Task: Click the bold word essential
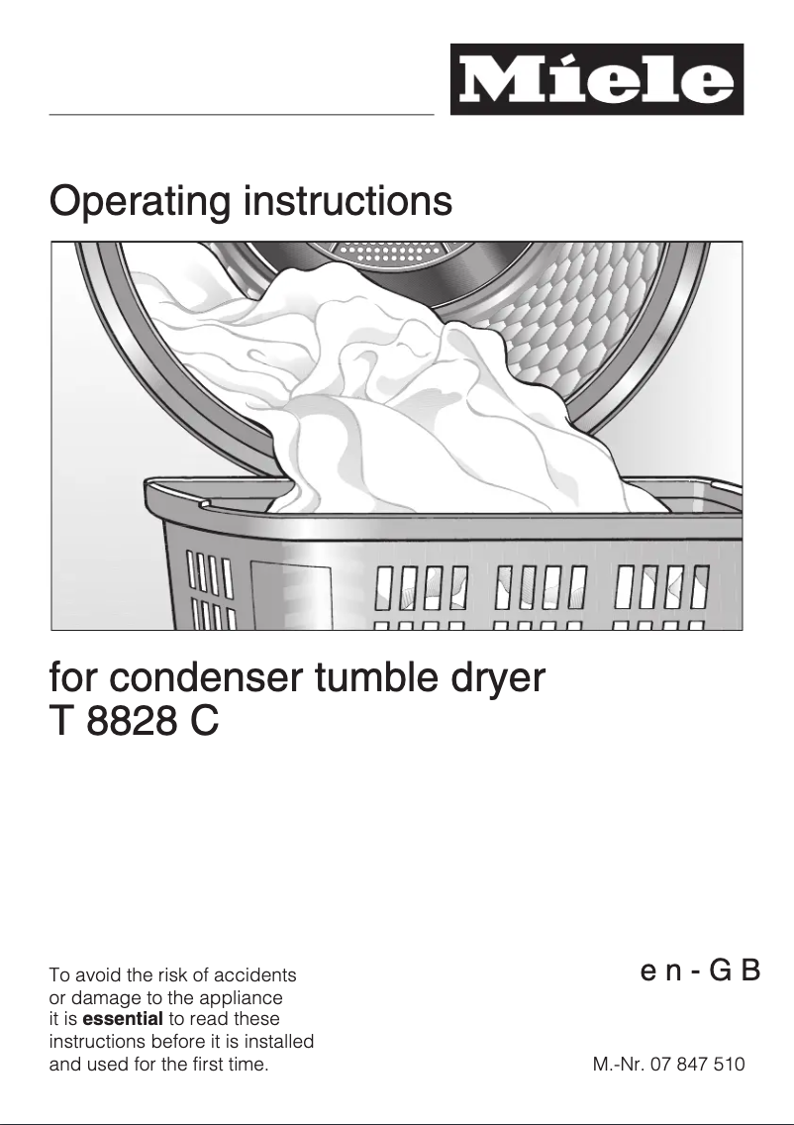pyautogui.click(x=123, y=1018)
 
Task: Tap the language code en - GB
pyautogui.click(x=700, y=970)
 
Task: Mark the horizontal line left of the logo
pyautogui.click(x=242, y=115)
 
